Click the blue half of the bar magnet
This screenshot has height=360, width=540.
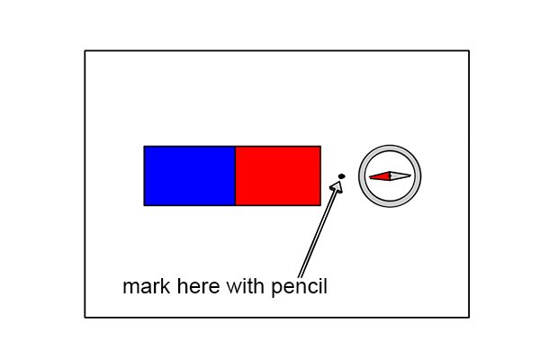point(190,175)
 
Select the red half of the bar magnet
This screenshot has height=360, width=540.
point(278,175)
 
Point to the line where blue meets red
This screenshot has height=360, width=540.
point(236,175)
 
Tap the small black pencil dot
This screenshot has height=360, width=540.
point(342,176)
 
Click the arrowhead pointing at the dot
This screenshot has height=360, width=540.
point(337,186)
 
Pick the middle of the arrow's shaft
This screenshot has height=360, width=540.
point(319,231)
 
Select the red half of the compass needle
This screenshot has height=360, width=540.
point(380,176)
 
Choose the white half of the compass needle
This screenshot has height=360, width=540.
point(400,176)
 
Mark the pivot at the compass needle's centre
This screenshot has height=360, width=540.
point(391,176)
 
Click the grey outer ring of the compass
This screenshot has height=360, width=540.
point(390,148)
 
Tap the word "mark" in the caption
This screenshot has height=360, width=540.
point(147,286)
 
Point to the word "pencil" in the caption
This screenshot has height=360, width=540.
point(300,288)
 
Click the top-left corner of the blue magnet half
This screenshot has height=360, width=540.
point(144,147)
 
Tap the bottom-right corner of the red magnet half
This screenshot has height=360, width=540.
point(320,205)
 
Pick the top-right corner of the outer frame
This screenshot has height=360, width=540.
point(469,51)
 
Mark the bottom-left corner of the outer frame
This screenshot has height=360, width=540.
point(85,318)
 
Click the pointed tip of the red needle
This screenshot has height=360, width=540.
point(369,177)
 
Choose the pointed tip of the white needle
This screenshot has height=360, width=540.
point(411,175)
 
